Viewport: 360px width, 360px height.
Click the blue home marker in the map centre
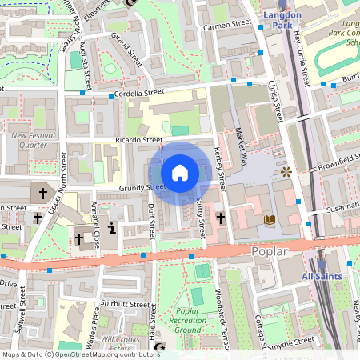(x=180, y=173)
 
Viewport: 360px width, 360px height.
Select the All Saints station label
(x=321, y=277)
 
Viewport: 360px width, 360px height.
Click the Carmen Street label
(x=227, y=26)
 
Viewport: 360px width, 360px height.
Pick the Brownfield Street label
(x=328, y=169)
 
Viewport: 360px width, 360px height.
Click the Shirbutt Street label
(x=125, y=304)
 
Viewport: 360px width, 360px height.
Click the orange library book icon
(x=270, y=218)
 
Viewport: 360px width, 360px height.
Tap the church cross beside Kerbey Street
(x=220, y=217)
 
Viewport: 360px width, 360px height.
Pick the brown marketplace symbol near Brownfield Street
(x=286, y=171)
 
